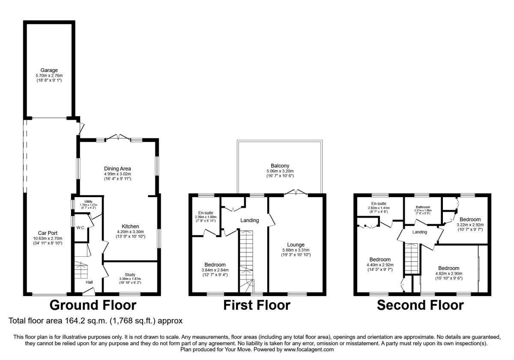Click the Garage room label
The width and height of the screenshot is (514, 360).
click(49, 70)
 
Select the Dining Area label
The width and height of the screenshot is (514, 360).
click(117, 168)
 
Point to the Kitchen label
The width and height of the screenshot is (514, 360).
click(130, 226)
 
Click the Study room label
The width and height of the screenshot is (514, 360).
click(130, 275)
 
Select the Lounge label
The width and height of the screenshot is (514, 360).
click(296, 245)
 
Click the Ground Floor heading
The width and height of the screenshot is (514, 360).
click(93, 305)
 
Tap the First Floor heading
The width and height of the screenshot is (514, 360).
click(257, 305)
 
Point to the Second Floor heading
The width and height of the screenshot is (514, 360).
click(420, 305)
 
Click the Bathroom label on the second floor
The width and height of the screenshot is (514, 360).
click(422, 206)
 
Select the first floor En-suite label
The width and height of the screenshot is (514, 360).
click(206, 213)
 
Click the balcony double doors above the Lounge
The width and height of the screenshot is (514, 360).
click(296, 193)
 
